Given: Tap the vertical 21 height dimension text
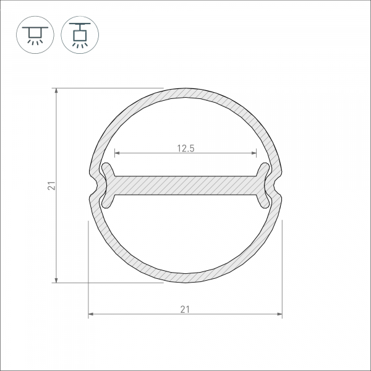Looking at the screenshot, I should [x=52, y=185].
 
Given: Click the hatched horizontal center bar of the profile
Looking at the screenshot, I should [x=185, y=185].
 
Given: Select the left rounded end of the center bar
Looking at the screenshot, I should [x=108, y=185].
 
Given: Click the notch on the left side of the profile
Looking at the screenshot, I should [x=93, y=185].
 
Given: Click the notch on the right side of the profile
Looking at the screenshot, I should [x=278, y=185].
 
